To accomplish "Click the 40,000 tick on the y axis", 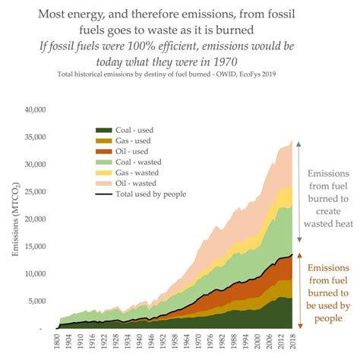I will pyautogui.click(x=36, y=110).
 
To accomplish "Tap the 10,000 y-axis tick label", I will pyautogui.click(x=36, y=273).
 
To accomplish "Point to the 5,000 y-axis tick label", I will pyautogui.click(x=38, y=301).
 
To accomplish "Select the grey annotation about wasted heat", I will pyautogui.click(x=329, y=198).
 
